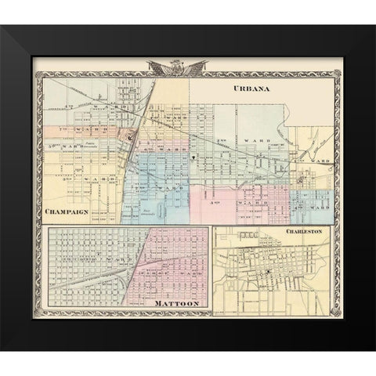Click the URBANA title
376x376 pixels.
coord(251,89)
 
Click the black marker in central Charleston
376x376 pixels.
coord(268,272)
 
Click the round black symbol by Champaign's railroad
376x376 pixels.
coord(130,138)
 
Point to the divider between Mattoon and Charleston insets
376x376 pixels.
coord(210,270)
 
